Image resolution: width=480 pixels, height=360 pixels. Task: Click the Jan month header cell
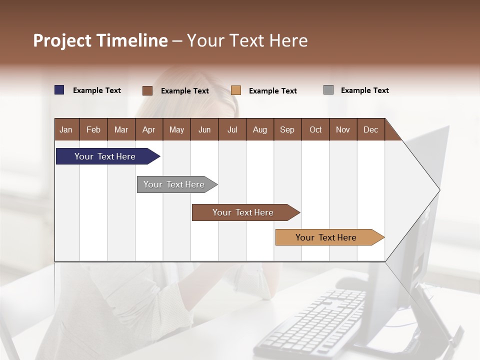(66, 129)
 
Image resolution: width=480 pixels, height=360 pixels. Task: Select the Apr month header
(149, 129)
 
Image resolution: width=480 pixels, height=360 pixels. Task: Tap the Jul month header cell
(232, 129)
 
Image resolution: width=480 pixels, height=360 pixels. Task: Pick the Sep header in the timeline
(287, 129)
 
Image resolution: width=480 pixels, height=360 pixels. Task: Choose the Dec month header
(370, 129)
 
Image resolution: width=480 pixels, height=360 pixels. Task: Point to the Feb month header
(93, 129)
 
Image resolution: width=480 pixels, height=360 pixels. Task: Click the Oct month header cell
(315, 129)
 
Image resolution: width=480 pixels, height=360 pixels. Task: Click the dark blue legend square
(59, 90)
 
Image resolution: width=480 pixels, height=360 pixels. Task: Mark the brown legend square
(147, 90)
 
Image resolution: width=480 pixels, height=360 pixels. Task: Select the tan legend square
(236, 90)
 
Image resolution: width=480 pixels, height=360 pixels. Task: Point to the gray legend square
(328, 90)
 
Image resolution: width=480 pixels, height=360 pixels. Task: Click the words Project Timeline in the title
(100, 40)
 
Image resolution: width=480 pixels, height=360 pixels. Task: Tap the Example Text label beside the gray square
(364, 90)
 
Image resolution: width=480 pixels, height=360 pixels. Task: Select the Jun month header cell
(204, 129)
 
